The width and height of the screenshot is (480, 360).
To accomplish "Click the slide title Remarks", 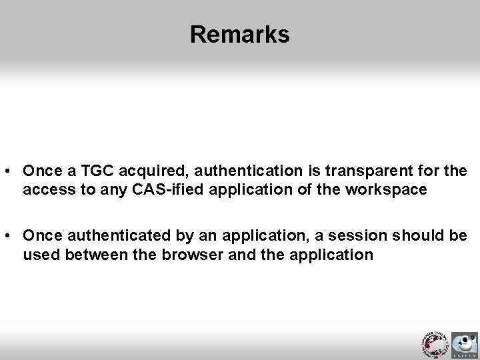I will (239, 34).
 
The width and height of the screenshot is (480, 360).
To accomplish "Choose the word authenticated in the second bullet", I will (107, 236).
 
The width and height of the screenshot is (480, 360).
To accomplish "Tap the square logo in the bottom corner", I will (465, 345).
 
